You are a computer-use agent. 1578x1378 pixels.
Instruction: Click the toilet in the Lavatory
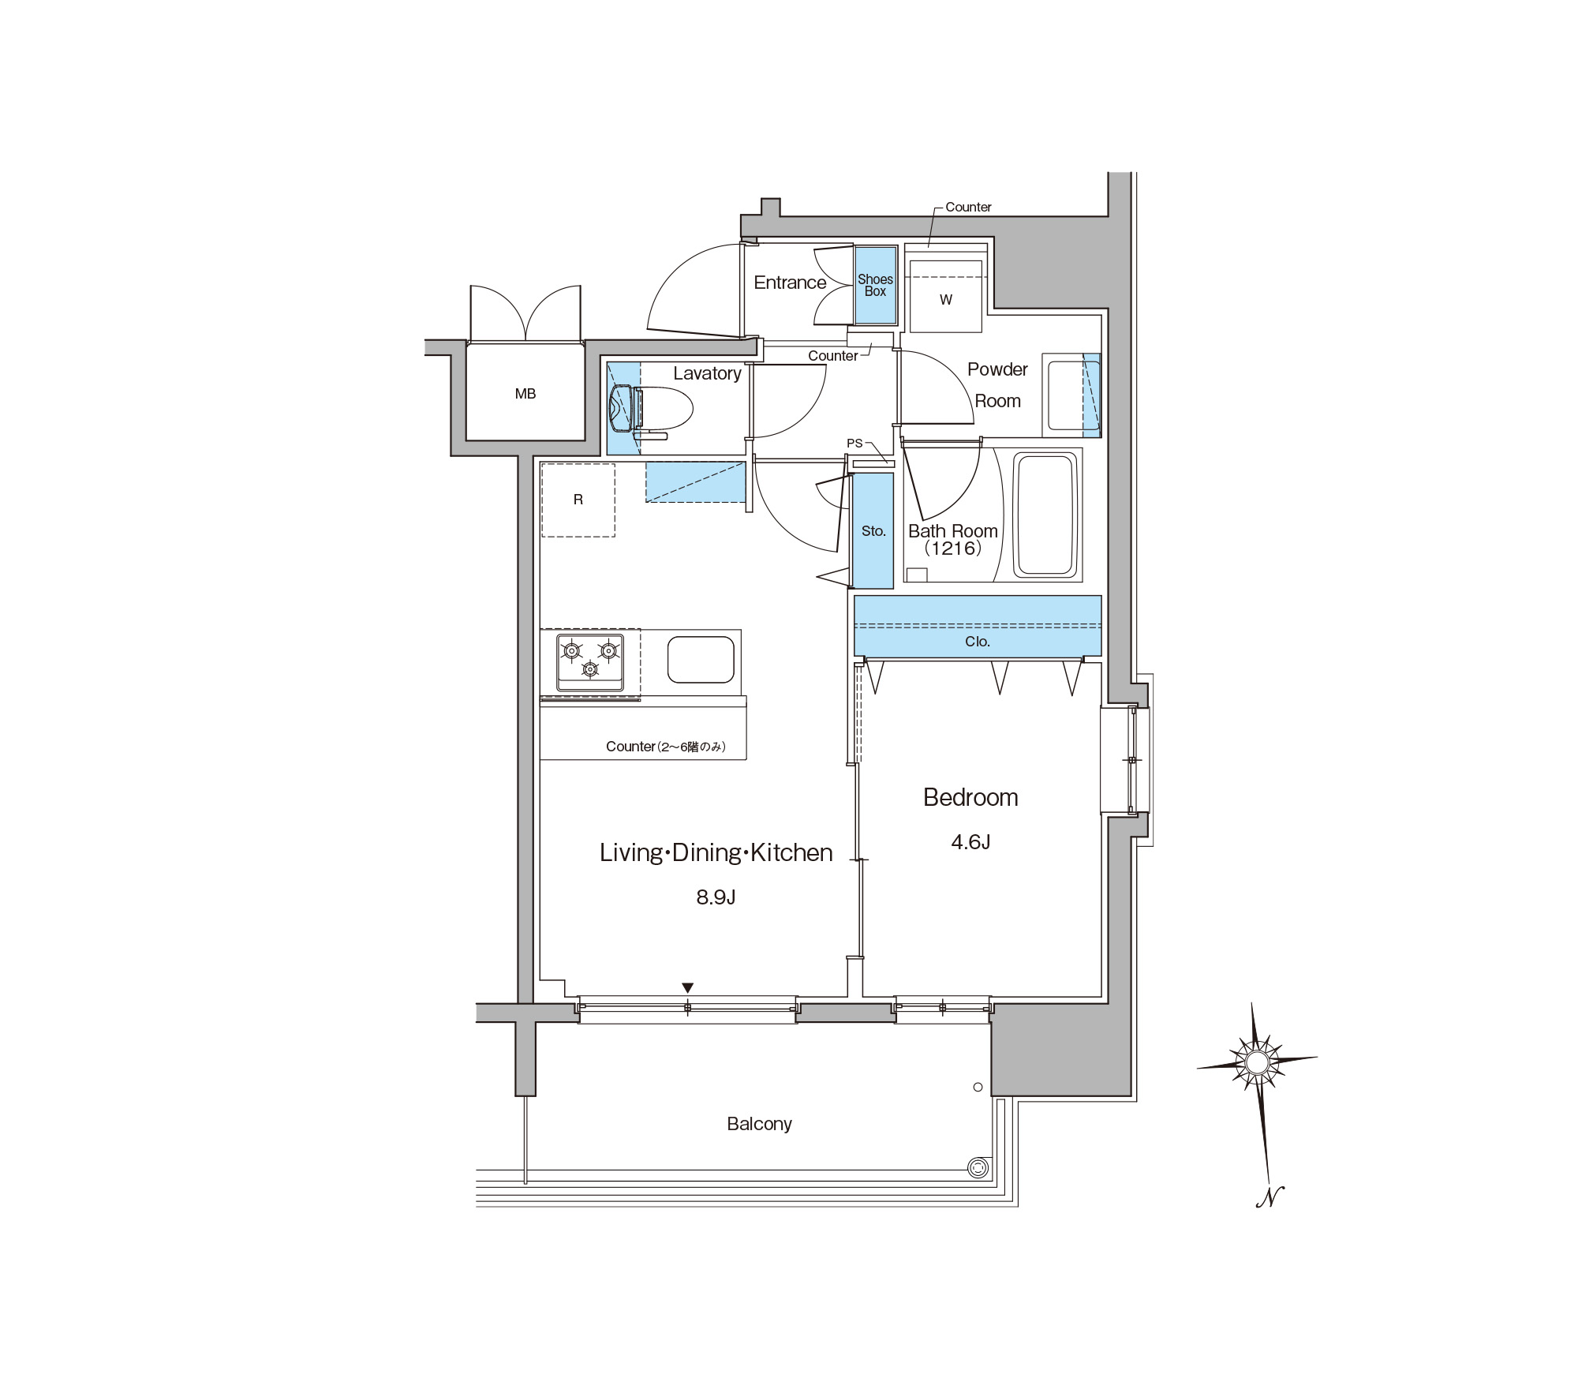click(650, 410)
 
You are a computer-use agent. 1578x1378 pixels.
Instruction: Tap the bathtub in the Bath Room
click(1046, 515)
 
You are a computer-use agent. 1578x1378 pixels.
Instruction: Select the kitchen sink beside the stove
click(701, 659)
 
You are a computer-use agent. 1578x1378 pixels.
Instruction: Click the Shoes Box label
click(875, 285)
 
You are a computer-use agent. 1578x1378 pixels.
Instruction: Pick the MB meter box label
click(525, 394)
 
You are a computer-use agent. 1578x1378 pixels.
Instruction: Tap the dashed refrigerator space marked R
click(578, 500)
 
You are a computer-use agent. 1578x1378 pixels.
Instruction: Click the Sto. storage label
click(873, 531)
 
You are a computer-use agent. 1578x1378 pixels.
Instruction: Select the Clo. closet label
click(977, 642)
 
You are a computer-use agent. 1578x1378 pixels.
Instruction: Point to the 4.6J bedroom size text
click(970, 842)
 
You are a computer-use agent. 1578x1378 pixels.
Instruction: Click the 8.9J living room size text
click(716, 897)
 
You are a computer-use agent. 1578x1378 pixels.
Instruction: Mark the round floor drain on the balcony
click(978, 1168)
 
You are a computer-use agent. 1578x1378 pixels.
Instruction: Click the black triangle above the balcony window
click(687, 988)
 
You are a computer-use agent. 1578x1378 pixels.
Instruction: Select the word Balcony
click(759, 1124)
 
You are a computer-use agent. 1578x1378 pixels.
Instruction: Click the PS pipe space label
click(854, 444)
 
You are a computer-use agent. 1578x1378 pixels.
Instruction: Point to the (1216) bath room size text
click(953, 548)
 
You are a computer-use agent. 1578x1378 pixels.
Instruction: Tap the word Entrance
click(790, 283)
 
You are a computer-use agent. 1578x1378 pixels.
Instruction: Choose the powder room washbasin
click(1072, 395)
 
